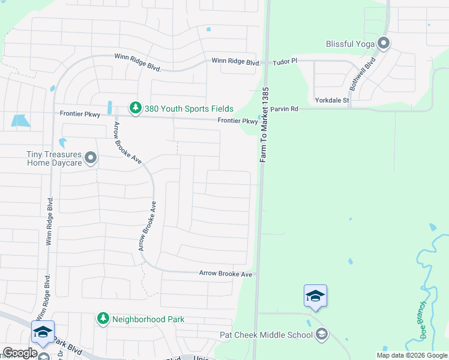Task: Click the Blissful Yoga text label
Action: [x=351, y=44]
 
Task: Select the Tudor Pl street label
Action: [x=285, y=62]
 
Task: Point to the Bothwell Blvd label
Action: [x=364, y=71]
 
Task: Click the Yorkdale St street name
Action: [x=332, y=100]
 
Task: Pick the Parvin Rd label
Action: [x=284, y=109]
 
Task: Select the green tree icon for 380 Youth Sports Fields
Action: [x=136, y=108]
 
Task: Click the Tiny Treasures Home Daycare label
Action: [x=53, y=158]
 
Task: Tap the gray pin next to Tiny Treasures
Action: [x=91, y=158]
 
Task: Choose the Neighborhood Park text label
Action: [x=148, y=320]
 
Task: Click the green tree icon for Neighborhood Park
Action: [x=103, y=318]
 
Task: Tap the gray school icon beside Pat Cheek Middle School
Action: [x=321, y=334]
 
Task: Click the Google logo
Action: [x=20, y=353]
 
